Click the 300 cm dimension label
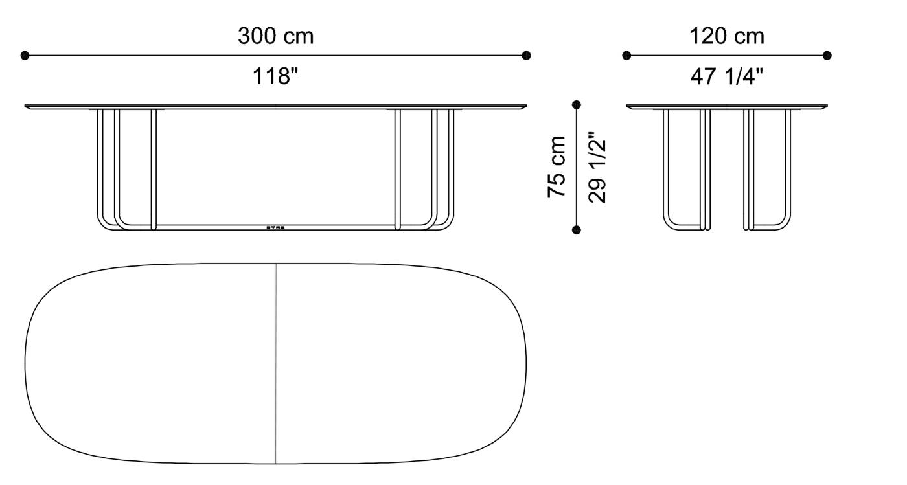pos(275,36)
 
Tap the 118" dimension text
pos(275,77)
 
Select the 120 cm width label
pos(726,36)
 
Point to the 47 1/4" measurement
pos(726,77)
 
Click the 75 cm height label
pos(557,166)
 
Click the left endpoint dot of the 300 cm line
pos(25,56)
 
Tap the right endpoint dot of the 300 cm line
pos(526,56)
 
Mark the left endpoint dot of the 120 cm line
pos(626,56)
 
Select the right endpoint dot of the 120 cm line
pos(827,56)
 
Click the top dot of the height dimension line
pos(577,104)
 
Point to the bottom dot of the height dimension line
pos(577,229)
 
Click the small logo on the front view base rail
pos(276,227)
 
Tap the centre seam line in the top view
pos(275,363)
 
